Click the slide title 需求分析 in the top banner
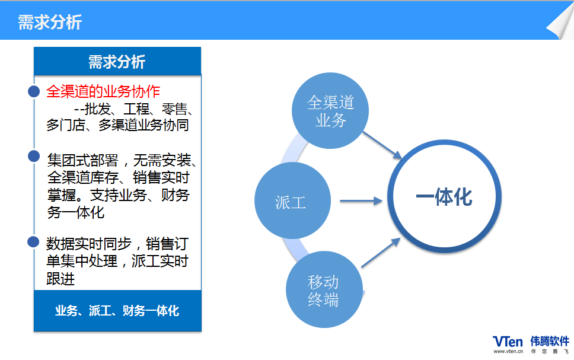(x=50, y=23)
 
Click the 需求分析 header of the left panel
(x=117, y=62)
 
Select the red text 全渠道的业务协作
(x=103, y=91)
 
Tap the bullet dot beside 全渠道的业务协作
(x=34, y=91)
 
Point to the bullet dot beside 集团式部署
(x=34, y=156)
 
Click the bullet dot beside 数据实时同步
(x=33, y=242)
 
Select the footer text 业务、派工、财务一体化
(x=117, y=311)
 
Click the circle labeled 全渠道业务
(x=330, y=110)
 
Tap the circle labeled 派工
(x=292, y=200)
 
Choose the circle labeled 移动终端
(x=324, y=289)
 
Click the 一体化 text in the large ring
(x=444, y=197)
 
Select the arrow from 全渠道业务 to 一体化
(x=382, y=145)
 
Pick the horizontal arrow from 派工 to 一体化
(x=361, y=200)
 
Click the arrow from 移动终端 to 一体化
(x=381, y=253)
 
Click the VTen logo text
(x=508, y=342)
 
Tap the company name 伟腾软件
(x=550, y=342)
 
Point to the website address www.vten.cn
(x=508, y=351)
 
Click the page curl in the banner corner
(x=560, y=23)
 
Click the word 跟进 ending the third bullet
(x=60, y=279)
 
